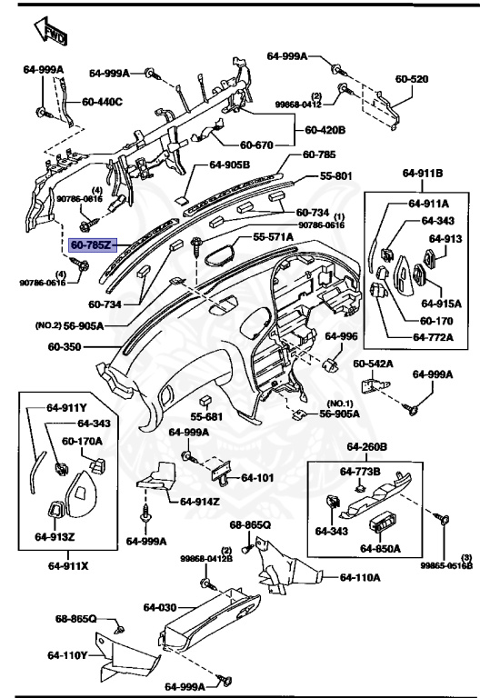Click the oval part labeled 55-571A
point(218,250)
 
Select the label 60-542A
point(373,364)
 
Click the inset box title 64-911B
point(423,172)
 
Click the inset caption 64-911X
point(69,564)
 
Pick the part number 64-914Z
point(201,501)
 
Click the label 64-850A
point(381,548)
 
